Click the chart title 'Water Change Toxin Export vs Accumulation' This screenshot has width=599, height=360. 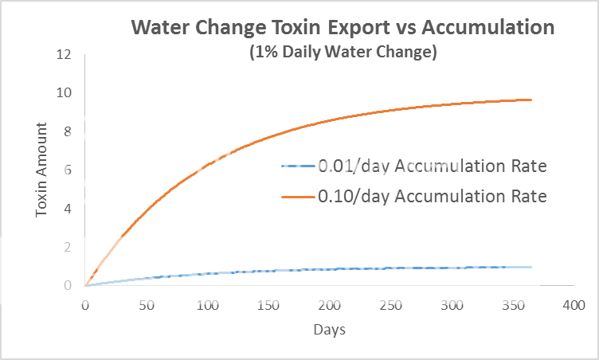pos(343,28)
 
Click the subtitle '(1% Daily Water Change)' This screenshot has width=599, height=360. pos(343,53)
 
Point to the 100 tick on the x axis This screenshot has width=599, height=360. pos(207,305)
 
